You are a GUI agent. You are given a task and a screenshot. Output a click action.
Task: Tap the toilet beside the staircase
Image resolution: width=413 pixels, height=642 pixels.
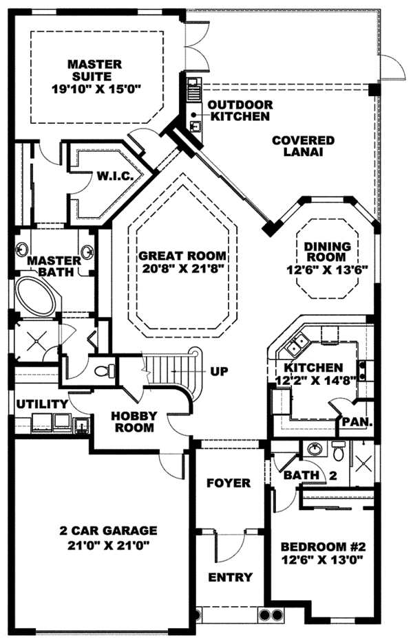pyautogui.click(x=103, y=372)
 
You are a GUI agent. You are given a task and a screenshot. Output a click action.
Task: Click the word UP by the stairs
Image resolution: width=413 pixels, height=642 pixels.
pyautogui.click(x=220, y=372)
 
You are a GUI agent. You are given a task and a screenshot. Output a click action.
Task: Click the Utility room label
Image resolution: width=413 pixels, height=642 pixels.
pyautogui.click(x=42, y=403)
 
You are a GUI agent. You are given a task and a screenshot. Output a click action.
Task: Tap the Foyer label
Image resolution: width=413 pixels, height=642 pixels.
pyautogui.click(x=229, y=483)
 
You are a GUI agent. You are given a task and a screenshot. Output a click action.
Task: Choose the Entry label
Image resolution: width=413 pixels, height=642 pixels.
pyautogui.click(x=230, y=577)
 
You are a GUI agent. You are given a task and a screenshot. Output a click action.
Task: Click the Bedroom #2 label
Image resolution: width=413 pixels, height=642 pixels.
pyautogui.click(x=322, y=548)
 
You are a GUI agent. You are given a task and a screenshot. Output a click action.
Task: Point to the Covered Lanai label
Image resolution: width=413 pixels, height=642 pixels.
pyautogui.click(x=303, y=146)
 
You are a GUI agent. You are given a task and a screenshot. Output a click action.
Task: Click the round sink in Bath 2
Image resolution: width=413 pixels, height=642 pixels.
pyautogui.click(x=315, y=449)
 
